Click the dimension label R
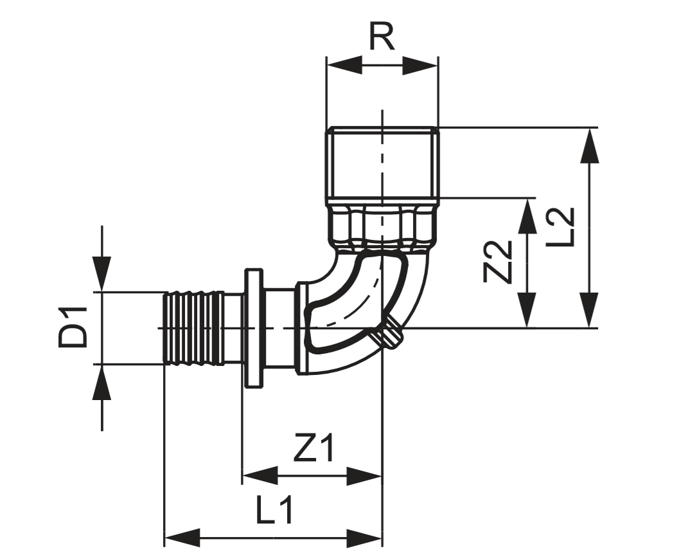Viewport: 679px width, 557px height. coord(382,39)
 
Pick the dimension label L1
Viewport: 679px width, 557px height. coord(274,511)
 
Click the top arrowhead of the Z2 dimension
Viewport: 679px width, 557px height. coord(527,215)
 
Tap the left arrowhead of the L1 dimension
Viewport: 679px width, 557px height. coord(182,537)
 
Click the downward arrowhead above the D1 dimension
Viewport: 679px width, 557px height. coord(101,274)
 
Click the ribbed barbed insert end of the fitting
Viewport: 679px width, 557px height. coord(193,328)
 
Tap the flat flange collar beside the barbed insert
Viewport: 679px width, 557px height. coord(254,328)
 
